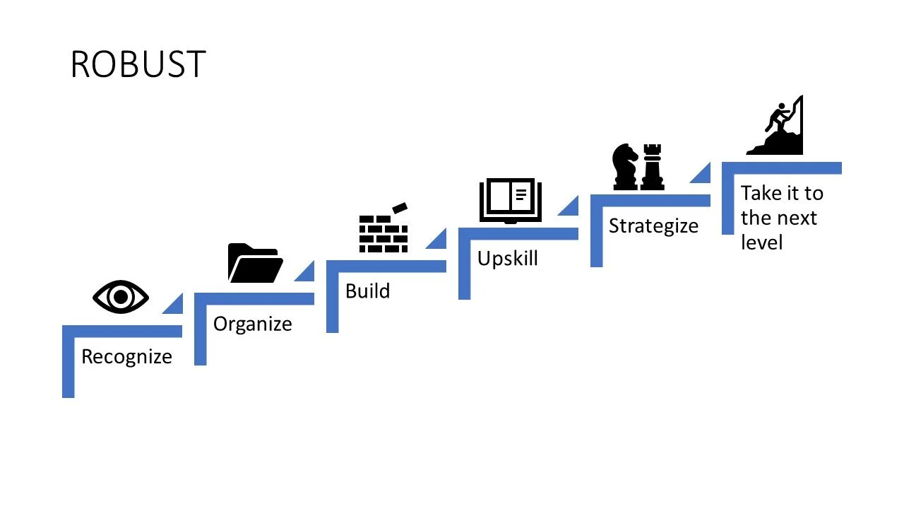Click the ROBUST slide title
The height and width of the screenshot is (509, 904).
coord(138,64)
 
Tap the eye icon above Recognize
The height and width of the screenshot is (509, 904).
coord(121,298)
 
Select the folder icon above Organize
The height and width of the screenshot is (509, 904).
coord(255,263)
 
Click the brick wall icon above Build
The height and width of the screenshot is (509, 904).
coord(383,233)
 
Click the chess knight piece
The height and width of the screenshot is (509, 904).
coord(625,167)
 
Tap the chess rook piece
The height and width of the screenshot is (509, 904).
coord(652,167)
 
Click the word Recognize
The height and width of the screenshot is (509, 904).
coord(126,356)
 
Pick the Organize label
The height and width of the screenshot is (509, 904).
coord(252,324)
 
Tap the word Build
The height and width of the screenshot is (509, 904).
coord(367,291)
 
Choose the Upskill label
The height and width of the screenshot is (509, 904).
coord(507,258)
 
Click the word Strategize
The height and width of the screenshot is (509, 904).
coord(653,226)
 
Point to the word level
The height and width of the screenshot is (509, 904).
coord(761,242)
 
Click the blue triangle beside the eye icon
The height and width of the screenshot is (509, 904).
coord(176,305)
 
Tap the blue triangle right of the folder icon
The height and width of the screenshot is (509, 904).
coord(307,273)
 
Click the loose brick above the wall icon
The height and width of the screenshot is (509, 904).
coord(400,207)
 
